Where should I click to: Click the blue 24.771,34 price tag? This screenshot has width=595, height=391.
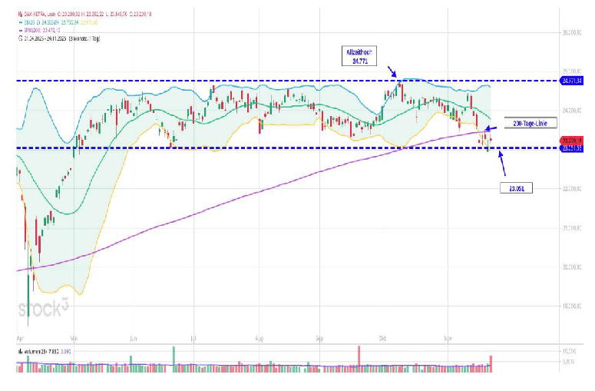[572, 81]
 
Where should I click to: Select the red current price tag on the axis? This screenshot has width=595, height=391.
[572, 141]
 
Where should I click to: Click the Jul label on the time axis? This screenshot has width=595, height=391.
[193, 337]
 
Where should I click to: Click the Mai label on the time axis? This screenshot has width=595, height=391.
[74, 337]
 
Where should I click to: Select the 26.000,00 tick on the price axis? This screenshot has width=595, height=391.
[572, 32]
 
